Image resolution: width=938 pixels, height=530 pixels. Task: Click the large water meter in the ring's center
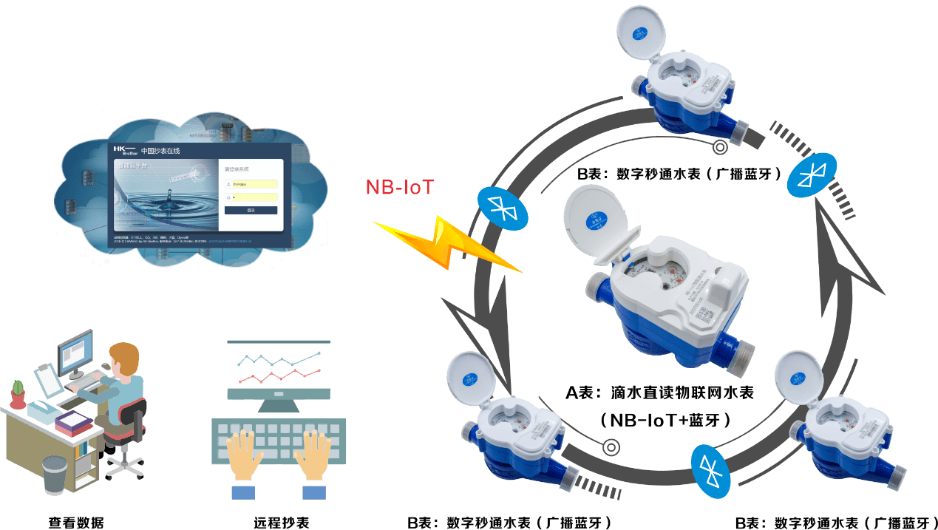665,303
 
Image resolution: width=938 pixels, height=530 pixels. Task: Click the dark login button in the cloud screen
251,211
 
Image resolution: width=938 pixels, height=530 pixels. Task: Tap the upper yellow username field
251,183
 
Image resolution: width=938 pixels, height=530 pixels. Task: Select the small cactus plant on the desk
17,390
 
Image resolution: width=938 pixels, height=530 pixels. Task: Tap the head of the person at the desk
123,359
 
